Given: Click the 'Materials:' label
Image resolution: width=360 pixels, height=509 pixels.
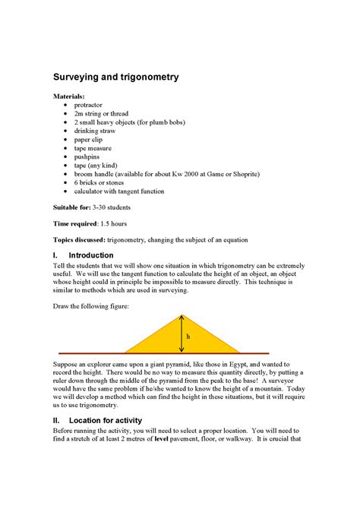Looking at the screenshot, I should click(69, 97).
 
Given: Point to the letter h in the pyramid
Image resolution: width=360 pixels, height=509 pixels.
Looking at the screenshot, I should click(188, 336).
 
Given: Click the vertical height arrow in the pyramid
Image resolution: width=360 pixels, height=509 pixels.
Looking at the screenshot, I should click(182, 334).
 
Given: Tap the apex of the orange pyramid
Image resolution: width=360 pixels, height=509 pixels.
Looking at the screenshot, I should click(182, 315).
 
